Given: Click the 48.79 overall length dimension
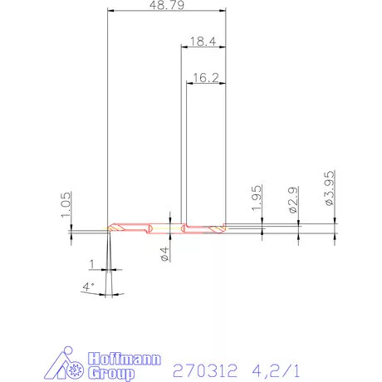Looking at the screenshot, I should click(x=167, y=5).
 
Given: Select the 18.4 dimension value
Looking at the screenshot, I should click(x=203, y=41).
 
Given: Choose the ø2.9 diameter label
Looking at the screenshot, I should click(x=293, y=201).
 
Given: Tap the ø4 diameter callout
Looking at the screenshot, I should click(x=164, y=252).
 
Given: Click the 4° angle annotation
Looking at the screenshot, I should click(x=89, y=286).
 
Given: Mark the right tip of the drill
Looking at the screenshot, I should click(x=224, y=227).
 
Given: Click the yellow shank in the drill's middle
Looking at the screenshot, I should click(x=166, y=228).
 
